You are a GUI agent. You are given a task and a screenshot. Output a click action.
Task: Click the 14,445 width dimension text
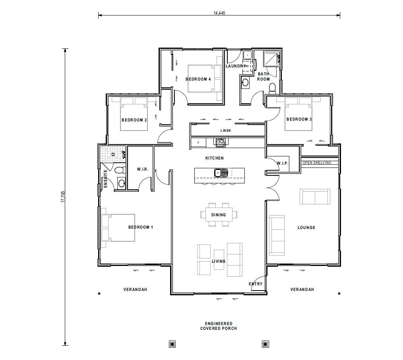pyautogui.click(x=219, y=13)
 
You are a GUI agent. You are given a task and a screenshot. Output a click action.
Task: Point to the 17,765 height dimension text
pyautogui.click(x=63, y=197)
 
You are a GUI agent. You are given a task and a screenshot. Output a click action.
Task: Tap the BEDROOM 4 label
pyautogui.click(x=198, y=79)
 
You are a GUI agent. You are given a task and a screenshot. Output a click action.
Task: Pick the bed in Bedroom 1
pyautogui.click(x=118, y=227)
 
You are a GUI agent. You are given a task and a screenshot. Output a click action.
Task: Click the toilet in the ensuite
pyautogui.click(x=119, y=171)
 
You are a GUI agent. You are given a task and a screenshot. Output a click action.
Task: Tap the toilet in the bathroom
pyautogui.click(x=273, y=87)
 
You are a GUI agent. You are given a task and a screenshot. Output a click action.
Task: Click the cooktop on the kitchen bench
pyautogui.click(x=220, y=142)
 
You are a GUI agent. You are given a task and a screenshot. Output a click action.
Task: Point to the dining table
pyautogui.click(x=219, y=215)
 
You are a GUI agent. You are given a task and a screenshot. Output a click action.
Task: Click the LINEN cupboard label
pyautogui.click(x=225, y=131)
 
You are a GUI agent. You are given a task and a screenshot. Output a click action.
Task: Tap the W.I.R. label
pyautogui.click(x=143, y=169)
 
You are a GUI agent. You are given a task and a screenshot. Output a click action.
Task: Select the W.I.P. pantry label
pyautogui.click(x=283, y=164)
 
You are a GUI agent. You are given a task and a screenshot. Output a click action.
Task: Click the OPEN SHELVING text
pyautogui.click(x=317, y=163)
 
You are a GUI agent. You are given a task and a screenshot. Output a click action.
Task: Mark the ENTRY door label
pyautogui.click(x=256, y=284)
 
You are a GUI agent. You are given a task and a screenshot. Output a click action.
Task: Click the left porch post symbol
pyautogui.click(x=172, y=344)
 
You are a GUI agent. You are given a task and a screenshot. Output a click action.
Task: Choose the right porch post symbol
pyautogui.click(x=265, y=344)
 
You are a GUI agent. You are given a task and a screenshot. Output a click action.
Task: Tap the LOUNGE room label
pyautogui.click(x=306, y=228)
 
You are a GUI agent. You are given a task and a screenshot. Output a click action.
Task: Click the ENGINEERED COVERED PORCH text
pyautogui.click(x=219, y=326)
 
